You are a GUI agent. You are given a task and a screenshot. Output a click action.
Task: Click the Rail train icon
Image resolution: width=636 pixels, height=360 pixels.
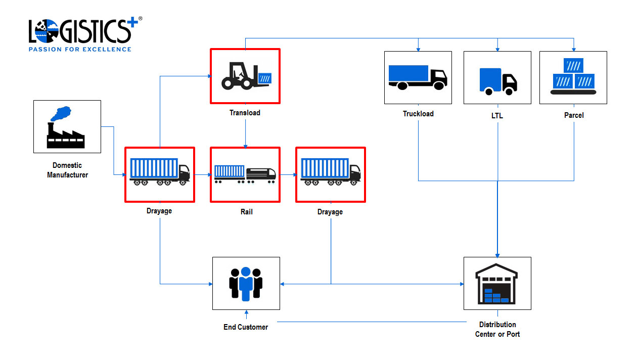(x=245, y=174)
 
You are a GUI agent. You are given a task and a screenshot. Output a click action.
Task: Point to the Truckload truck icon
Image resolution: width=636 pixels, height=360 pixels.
(x=418, y=77)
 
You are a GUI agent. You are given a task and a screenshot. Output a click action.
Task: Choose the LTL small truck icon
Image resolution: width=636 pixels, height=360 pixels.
(x=497, y=81)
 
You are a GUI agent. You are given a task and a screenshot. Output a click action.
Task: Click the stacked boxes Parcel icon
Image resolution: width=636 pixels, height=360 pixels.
(x=573, y=76)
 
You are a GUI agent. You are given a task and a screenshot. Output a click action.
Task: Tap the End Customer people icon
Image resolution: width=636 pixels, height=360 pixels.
(x=246, y=283)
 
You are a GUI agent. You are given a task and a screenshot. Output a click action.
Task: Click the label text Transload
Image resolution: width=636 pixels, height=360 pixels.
(x=245, y=113)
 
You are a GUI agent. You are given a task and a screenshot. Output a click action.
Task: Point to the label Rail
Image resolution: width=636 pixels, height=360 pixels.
(x=246, y=212)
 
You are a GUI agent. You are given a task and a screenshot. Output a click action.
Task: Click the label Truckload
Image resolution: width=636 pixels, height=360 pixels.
(x=418, y=114)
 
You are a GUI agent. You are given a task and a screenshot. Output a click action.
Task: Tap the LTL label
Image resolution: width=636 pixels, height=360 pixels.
(x=497, y=116)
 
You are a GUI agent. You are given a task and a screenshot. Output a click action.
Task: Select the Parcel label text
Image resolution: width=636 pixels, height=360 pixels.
(x=574, y=115)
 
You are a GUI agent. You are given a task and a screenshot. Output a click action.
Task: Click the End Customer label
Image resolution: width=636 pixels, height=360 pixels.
(x=246, y=327)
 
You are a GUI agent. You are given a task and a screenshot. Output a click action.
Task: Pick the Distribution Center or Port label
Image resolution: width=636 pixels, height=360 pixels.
(x=497, y=329)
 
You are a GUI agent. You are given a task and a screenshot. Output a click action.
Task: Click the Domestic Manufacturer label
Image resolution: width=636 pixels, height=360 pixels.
(x=67, y=170)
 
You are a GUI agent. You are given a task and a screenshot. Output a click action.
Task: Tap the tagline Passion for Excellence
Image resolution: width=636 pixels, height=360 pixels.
(x=80, y=49)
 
